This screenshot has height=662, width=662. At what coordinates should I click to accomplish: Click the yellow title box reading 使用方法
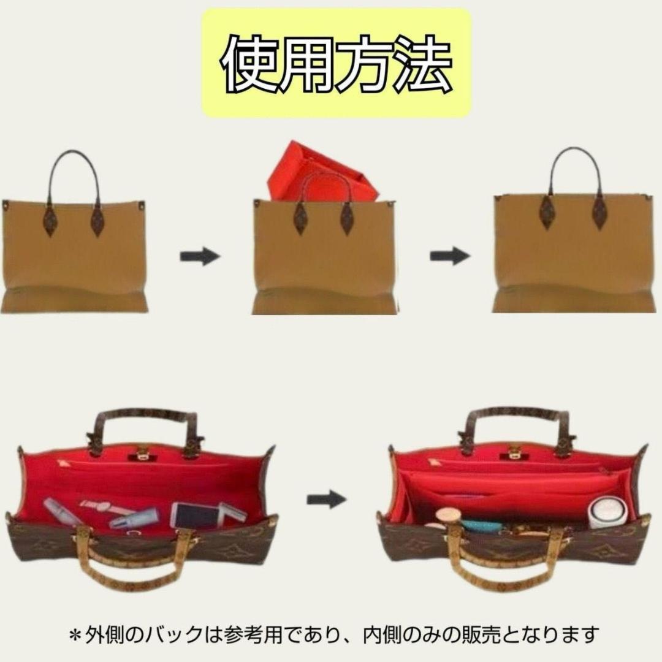coord(337,63)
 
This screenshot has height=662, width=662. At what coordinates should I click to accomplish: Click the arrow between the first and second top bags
coord(199,256)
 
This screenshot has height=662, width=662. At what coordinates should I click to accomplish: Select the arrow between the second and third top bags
coord(449,256)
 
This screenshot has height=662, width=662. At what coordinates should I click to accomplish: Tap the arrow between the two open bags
coord(326,500)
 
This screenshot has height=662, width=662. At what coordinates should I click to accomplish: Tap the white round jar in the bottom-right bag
coord(607,512)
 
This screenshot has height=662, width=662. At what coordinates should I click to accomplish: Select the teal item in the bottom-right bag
coord(481,525)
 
